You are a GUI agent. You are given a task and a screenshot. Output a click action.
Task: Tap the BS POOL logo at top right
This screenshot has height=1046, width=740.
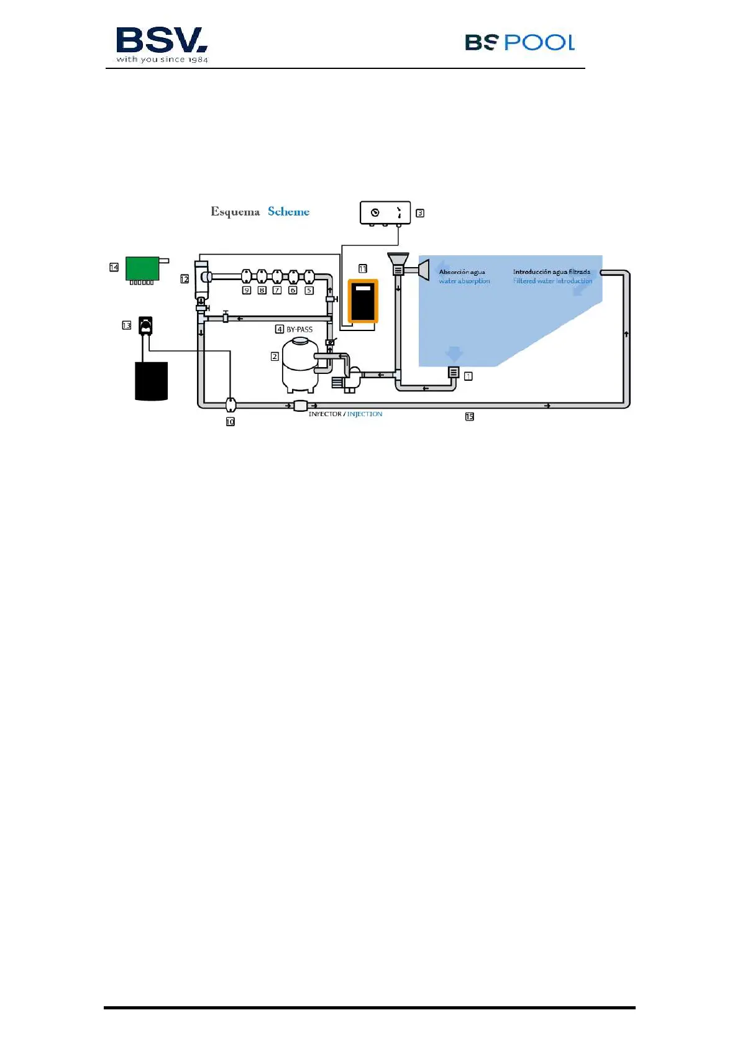point(519,42)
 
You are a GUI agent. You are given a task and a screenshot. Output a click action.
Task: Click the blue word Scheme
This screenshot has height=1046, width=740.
point(288,212)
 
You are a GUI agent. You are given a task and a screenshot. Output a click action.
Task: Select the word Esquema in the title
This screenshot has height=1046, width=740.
point(235,212)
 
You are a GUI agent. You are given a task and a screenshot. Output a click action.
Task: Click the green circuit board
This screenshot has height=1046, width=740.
point(143,268)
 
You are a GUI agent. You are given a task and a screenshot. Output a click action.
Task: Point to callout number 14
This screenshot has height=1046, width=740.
point(114,267)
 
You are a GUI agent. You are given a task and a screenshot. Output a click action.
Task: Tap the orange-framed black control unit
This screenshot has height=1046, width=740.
point(363,301)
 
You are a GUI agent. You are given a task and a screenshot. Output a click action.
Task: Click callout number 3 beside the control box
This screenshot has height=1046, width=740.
point(420,213)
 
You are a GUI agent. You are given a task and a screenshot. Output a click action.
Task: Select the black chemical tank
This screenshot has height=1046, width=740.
point(152,381)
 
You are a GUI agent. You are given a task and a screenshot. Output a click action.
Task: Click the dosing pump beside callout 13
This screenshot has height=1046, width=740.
point(145,326)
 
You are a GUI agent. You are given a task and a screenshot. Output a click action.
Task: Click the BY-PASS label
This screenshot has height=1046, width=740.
point(299,329)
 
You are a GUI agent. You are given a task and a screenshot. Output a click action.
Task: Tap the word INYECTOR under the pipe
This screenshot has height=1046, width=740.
point(325,414)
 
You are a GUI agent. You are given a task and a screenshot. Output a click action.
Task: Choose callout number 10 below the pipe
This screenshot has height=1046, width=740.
point(230,422)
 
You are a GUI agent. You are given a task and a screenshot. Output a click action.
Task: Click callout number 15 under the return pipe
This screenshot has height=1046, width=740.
point(470,417)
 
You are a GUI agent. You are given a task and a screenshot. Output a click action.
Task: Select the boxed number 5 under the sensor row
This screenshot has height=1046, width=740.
point(309,290)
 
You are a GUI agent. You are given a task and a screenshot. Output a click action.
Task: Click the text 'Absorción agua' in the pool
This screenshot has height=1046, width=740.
point(462,272)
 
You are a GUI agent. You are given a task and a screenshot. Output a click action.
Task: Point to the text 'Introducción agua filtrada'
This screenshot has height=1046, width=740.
point(551,272)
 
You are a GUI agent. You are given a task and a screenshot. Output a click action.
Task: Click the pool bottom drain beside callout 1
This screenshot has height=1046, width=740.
point(454,373)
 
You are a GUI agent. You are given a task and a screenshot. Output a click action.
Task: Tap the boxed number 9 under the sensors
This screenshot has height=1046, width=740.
point(247,290)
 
